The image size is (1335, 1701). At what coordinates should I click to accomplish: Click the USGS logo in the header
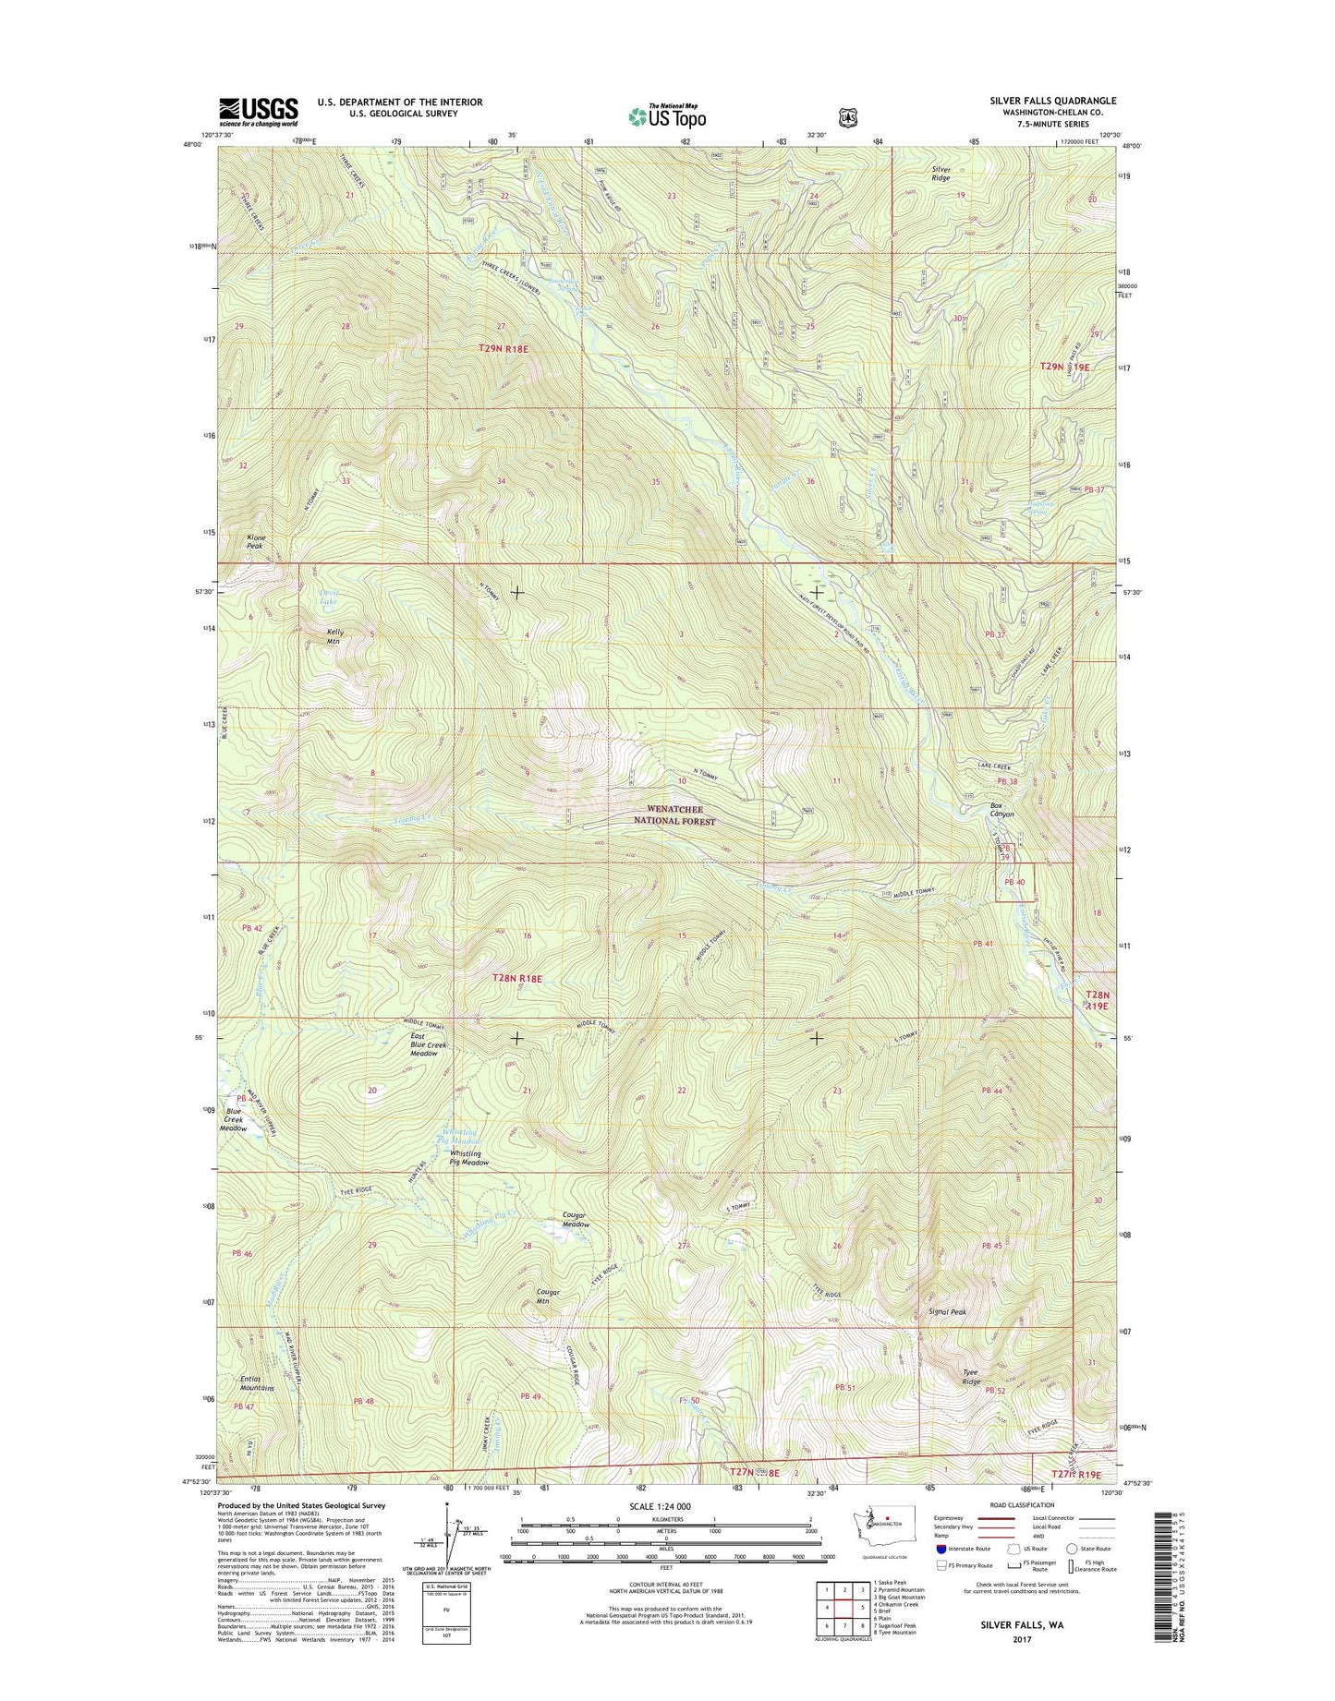258,112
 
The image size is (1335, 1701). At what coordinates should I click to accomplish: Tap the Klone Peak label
256,541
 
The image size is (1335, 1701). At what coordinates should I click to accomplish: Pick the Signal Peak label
947,1311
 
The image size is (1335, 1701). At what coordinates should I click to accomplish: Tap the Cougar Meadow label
576,1219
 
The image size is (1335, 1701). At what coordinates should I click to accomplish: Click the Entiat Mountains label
257,1382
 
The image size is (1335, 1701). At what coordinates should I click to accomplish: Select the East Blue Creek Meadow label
429,1044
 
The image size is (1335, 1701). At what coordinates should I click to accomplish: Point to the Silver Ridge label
941,173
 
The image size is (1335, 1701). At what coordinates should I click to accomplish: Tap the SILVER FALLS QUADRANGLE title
1052,101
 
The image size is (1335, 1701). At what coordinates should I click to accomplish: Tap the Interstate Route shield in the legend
941,1549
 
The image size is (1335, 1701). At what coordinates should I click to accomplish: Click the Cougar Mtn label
548,1297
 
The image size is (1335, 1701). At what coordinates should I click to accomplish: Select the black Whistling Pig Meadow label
469,1158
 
